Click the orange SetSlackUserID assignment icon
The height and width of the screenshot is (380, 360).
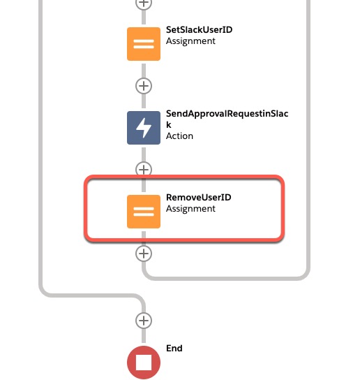point(144,44)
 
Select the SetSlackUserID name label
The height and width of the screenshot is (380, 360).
point(199,30)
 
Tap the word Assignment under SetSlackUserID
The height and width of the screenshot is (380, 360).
point(190,41)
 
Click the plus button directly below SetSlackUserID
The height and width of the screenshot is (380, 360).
point(144,86)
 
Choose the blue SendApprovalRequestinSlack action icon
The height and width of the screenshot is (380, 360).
point(144,128)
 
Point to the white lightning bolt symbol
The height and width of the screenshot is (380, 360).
point(144,128)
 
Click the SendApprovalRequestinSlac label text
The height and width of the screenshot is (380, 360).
point(227,114)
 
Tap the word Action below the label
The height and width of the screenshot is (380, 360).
point(179,136)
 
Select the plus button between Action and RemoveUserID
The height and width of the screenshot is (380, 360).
point(144,170)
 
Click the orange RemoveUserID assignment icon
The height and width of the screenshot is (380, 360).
point(144,212)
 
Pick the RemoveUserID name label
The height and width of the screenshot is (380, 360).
point(199,197)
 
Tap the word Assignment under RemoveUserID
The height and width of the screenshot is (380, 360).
point(190,209)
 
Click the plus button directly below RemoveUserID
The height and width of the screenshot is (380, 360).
point(144,254)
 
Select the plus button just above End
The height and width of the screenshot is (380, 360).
point(144,321)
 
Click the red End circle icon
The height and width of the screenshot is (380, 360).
point(144,363)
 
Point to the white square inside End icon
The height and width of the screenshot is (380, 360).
point(144,363)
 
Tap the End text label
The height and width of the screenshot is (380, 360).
point(174,349)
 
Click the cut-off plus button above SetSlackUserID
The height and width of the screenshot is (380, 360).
point(144,3)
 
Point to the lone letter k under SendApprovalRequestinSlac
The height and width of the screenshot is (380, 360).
point(169,125)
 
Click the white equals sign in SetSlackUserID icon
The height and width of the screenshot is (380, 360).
point(144,44)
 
